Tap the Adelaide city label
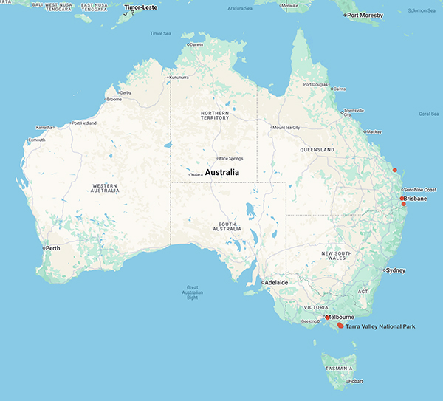point(276,282)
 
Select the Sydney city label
point(395,270)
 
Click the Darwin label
point(196,44)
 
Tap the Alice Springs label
point(230,158)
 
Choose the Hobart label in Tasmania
point(356,381)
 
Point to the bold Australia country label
point(222,172)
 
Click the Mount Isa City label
point(287,127)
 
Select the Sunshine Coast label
point(419,189)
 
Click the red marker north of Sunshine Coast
point(395,170)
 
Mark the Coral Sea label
point(428,114)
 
